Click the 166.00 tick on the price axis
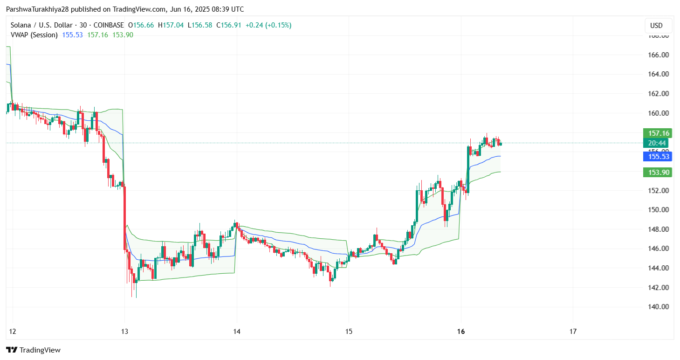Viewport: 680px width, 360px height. click(x=659, y=55)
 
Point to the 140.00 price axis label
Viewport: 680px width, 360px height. click(x=659, y=306)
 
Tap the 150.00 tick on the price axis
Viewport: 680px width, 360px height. click(x=659, y=209)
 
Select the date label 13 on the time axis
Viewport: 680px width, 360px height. click(x=124, y=332)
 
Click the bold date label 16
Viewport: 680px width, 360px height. click(x=461, y=332)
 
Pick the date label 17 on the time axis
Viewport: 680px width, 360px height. click(x=573, y=332)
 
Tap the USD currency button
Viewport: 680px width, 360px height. click(x=656, y=26)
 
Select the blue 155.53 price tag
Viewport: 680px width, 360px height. click(x=656, y=157)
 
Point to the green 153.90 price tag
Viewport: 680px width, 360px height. click(x=656, y=173)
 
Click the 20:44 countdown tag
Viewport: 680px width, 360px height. click(x=656, y=143)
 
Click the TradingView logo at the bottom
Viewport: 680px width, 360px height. click(x=33, y=350)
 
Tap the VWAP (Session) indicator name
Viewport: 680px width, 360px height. click(x=34, y=35)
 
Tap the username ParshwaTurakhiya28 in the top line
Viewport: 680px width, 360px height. click(x=39, y=9)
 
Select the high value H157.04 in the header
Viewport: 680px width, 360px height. click(x=171, y=25)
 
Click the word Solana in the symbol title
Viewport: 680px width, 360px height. click(x=21, y=25)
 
